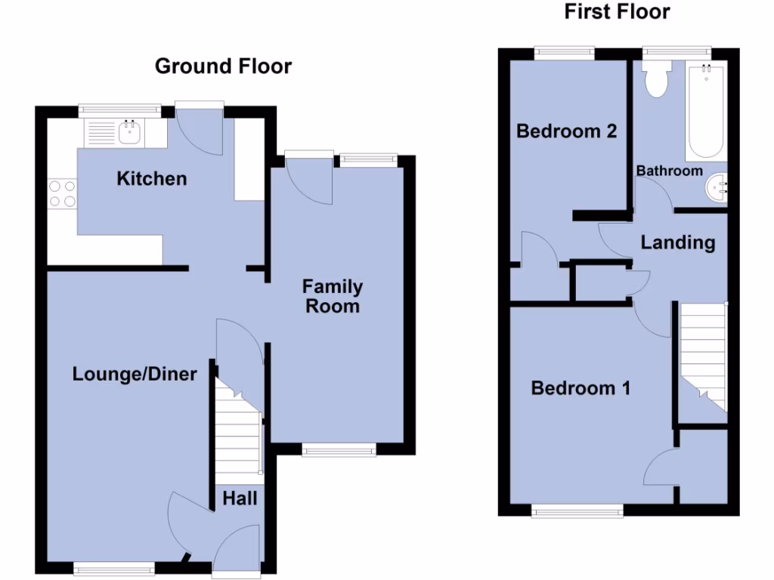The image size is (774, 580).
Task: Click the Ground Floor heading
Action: tap(223, 66)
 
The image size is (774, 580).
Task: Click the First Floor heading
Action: tap(617, 12)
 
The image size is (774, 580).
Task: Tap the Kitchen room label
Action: tap(151, 179)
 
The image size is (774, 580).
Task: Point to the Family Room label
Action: tap(333, 296)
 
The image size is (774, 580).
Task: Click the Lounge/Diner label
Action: tap(135, 374)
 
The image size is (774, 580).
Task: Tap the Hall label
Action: tap(240, 498)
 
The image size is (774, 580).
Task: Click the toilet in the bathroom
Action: tap(656, 80)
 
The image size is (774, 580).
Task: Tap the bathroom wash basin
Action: tap(715, 187)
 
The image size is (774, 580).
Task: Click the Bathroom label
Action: tap(669, 171)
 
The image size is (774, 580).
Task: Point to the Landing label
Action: tap(678, 242)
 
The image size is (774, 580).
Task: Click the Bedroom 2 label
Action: tap(566, 131)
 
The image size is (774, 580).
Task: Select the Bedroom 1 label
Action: tap(580, 388)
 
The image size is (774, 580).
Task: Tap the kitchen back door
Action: tap(200, 128)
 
